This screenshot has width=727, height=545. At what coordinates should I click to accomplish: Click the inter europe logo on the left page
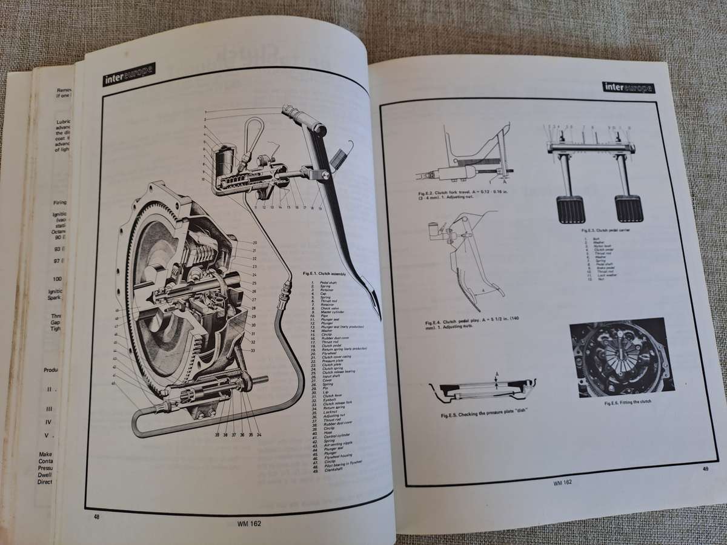click(128, 74)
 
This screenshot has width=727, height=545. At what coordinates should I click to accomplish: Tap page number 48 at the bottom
click(96, 516)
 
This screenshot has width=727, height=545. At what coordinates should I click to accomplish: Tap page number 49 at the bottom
click(706, 467)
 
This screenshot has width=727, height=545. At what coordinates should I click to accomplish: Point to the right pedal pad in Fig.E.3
click(628, 209)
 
